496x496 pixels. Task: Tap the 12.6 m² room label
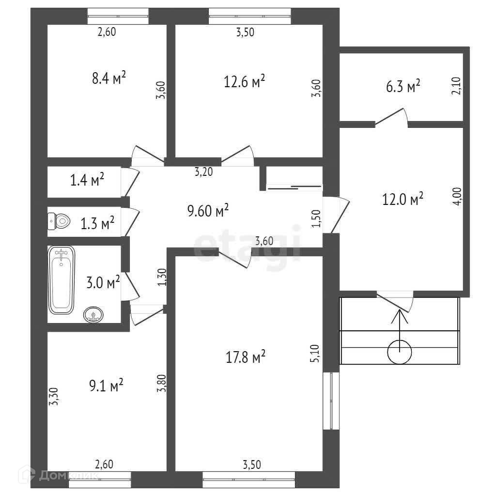click(244, 81)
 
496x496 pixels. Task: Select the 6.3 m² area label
click(406, 87)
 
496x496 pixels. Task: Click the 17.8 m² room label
click(245, 358)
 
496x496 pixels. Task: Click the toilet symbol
click(59, 221)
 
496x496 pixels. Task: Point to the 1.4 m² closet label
click(88, 181)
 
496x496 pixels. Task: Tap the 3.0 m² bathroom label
click(103, 282)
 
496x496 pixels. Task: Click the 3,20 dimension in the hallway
click(204, 171)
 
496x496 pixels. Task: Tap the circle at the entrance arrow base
click(400, 352)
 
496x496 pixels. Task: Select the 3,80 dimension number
click(163, 383)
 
